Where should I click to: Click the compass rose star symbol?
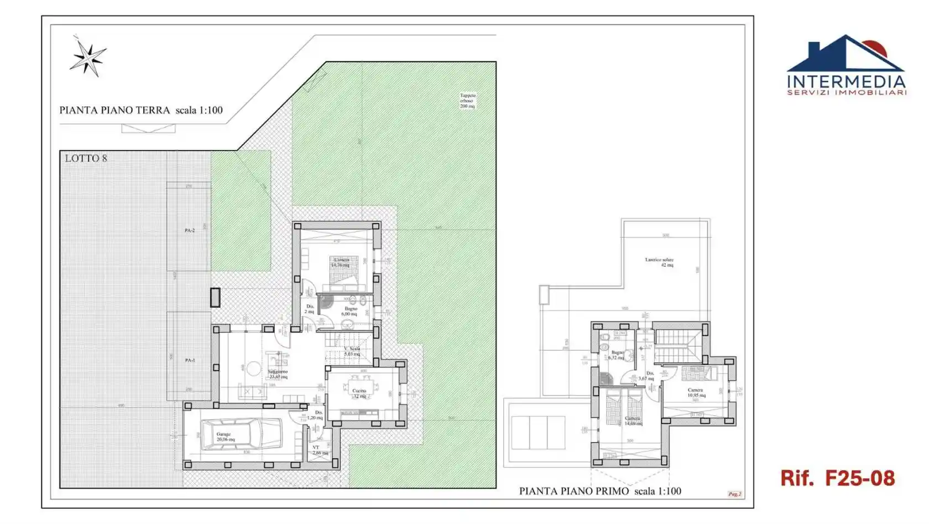pos(87,58)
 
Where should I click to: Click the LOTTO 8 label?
pos(86,158)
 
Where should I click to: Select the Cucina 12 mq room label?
pos(359,393)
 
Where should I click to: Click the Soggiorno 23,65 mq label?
pos(278,374)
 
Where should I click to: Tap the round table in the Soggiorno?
pos(254,369)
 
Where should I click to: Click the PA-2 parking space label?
pos(190,230)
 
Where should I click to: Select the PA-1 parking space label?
pos(190,360)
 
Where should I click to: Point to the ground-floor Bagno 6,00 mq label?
pos(349,312)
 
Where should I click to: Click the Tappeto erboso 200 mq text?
pos(467,101)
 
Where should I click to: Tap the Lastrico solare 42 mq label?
pos(660,262)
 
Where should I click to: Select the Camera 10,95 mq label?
pos(696,393)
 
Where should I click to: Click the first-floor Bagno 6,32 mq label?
pos(617,355)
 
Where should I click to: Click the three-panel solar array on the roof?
pos(538,433)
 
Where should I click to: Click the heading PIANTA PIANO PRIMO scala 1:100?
pos(600,491)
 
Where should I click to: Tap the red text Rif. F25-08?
pos(837,478)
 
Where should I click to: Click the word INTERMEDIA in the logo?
pos(846,82)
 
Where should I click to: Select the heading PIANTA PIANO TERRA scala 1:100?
pos(141,110)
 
